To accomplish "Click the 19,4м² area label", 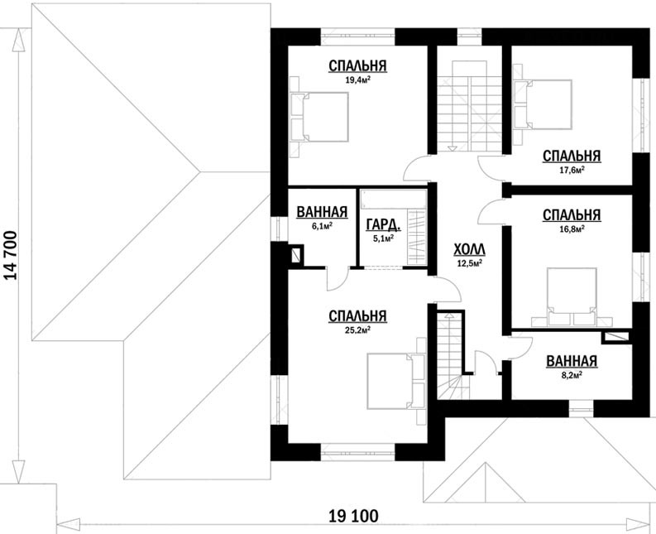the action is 357,80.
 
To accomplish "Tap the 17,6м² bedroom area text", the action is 572,170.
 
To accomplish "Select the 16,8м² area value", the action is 572,229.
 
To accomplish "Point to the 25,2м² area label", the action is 357,330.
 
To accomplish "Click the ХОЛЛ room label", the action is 469,250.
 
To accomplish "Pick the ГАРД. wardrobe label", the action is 383,225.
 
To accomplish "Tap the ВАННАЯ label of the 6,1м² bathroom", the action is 322,212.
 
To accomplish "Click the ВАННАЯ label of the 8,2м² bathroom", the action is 572,361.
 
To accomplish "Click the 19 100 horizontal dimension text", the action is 353,516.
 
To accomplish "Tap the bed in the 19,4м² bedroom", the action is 319,117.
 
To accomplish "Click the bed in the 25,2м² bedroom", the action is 396,381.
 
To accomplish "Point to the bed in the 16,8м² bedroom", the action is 572,296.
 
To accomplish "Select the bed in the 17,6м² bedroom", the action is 543,103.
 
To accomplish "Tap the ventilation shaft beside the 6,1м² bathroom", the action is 296,254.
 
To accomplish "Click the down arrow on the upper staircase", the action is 452,148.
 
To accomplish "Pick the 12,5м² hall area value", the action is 469,263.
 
